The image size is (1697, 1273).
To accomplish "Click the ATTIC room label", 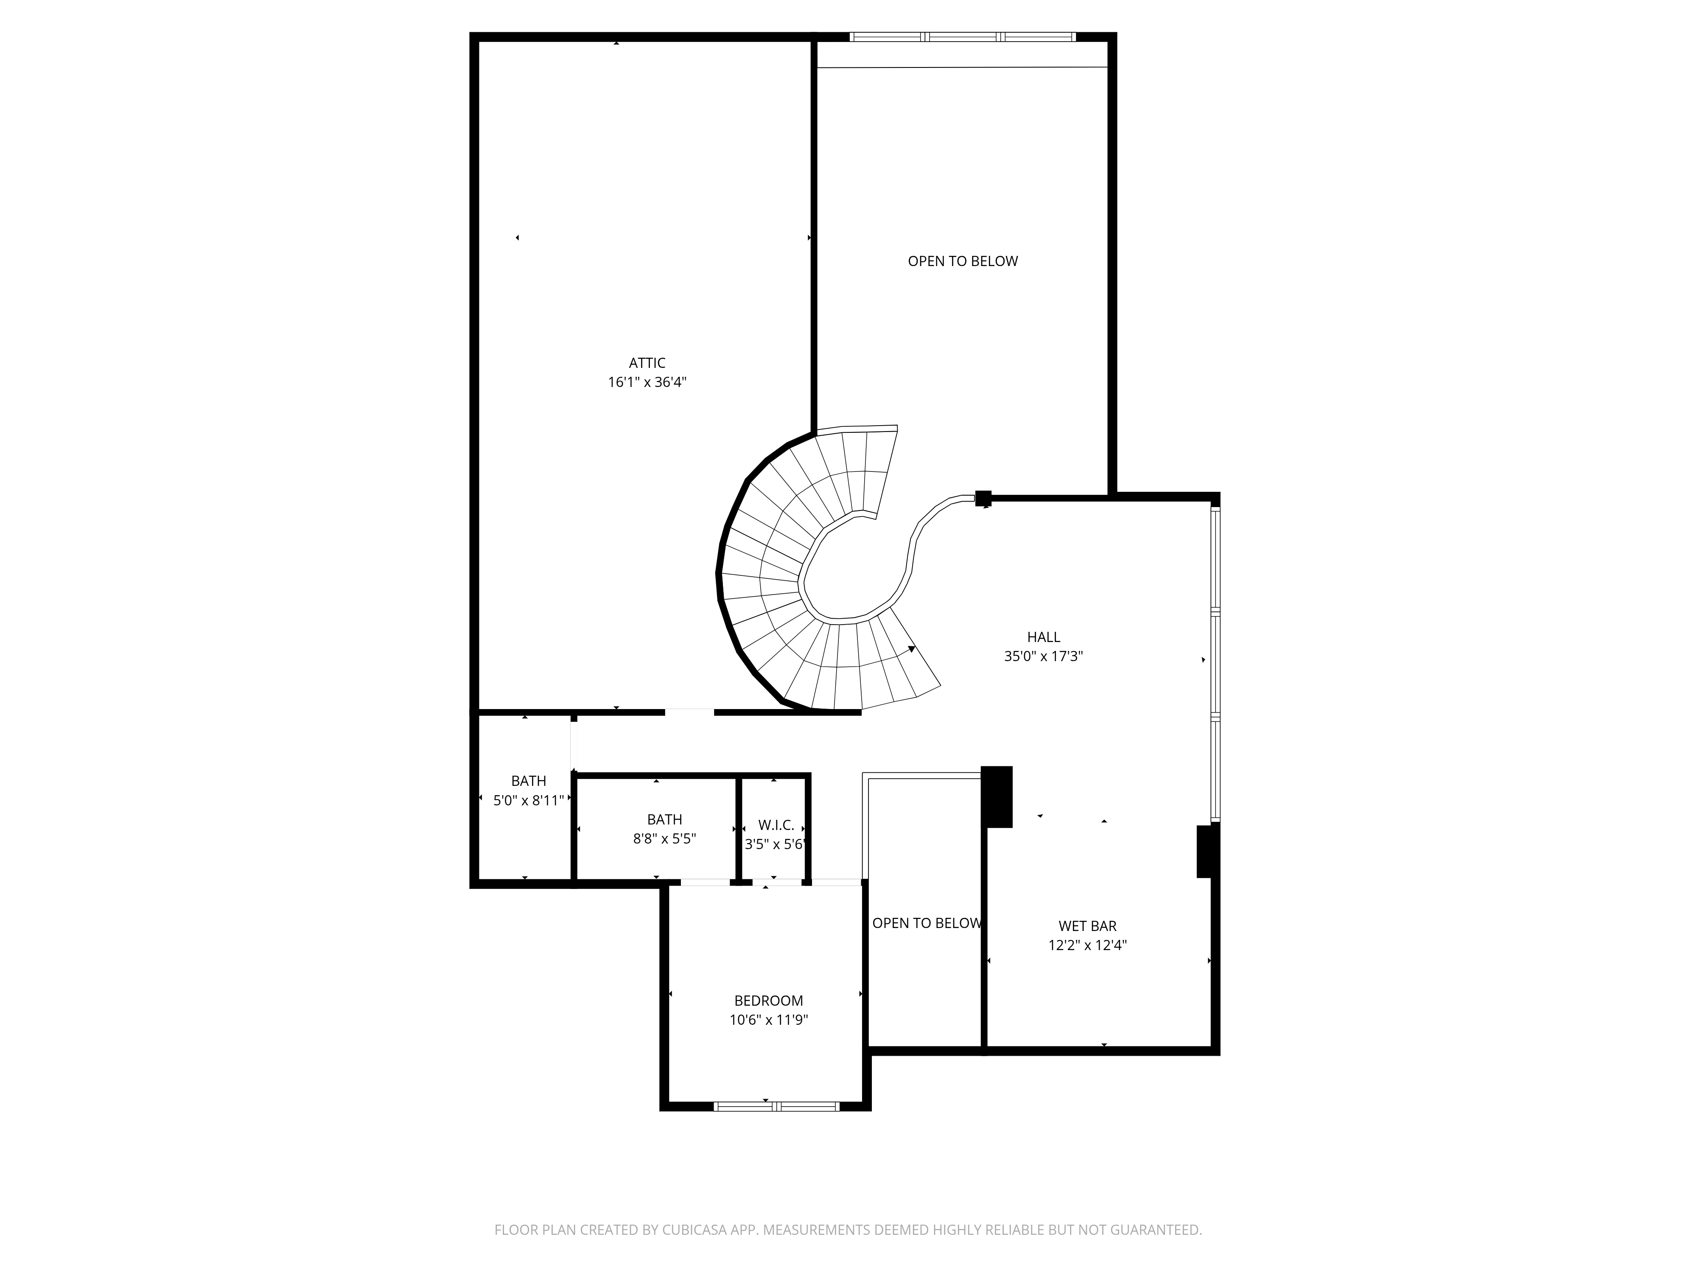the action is pyautogui.click(x=647, y=363).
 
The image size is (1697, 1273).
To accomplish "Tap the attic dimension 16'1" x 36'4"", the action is pyautogui.click(x=647, y=382).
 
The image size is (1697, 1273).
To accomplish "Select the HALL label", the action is pyautogui.click(x=1043, y=637).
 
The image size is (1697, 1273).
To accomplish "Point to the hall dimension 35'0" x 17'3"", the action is pyautogui.click(x=1043, y=656).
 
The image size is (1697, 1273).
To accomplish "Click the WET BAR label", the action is pyautogui.click(x=1087, y=926).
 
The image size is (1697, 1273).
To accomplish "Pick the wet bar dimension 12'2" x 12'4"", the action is pyautogui.click(x=1087, y=945).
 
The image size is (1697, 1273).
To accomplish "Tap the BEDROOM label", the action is pyautogui.click(x=769, y=1001).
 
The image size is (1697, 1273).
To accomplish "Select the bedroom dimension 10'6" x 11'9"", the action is pyautogui.click(x=769, y=1020).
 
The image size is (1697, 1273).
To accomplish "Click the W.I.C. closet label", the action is pyautogui.click(x=776, y=825).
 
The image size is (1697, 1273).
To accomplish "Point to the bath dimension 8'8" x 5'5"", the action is pyautogui.click(x=664, y=838).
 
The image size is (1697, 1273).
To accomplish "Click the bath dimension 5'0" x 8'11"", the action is pyautogui.click(x=529, y=800).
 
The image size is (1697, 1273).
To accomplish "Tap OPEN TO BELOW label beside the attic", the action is pyautogui.click(x=963, y=261).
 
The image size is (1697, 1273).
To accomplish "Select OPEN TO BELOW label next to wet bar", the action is pyautogui.click(x=927, y=923).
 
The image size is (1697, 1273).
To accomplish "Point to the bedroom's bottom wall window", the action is pyautogui.click(x=776, y=1107).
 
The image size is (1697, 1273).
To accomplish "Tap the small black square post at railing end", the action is pyautogui.click(x=983, y=499).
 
